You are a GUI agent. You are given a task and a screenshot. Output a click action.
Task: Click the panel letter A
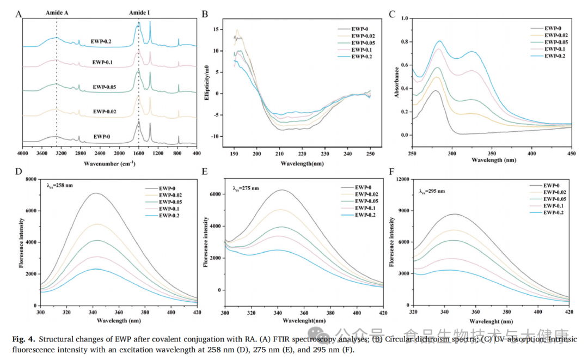(18, 15)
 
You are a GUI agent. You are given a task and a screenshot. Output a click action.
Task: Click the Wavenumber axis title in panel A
(109, 162)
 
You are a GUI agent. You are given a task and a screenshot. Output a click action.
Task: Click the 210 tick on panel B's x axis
(279, 154)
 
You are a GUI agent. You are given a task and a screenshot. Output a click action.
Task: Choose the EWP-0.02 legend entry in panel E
(365, 194)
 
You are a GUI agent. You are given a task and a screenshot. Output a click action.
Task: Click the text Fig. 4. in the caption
(24, 339)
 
